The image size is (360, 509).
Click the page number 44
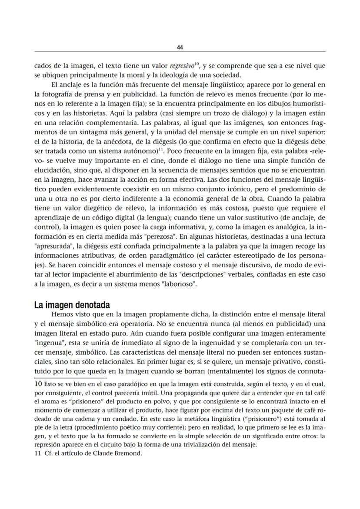coord(180,47)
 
